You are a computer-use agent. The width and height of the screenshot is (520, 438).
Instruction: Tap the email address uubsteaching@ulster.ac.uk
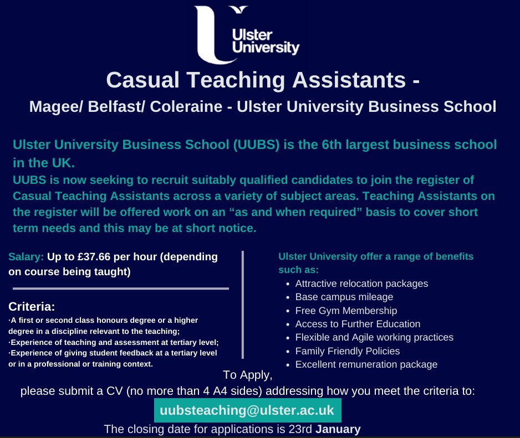tap(247, 410)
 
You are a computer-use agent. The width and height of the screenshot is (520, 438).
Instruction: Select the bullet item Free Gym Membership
tap(346, 311)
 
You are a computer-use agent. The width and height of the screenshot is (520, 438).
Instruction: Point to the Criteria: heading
tap(32, 306)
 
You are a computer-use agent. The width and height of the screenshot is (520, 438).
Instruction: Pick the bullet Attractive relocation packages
tap(361, 284)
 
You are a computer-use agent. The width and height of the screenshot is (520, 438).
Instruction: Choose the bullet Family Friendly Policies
tap(348, 351)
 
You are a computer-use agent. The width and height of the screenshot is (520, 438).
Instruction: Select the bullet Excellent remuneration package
tap(366, 364)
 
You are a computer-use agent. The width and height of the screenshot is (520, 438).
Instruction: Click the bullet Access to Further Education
tap(358, 324)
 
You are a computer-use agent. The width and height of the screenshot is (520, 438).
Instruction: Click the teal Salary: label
tap(26, 257)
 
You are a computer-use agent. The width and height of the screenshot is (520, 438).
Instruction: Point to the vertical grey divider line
tap(242, 305)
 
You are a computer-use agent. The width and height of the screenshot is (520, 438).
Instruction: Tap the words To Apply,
tap(248, 375)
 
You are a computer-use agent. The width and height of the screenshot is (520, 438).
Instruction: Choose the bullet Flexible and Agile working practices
tap(374, 337)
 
